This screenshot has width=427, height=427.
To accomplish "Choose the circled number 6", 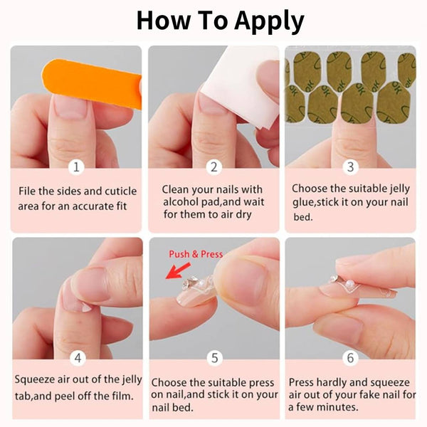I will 349,359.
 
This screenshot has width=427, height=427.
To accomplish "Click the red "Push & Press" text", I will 196,254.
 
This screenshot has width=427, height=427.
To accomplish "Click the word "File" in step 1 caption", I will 28,191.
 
